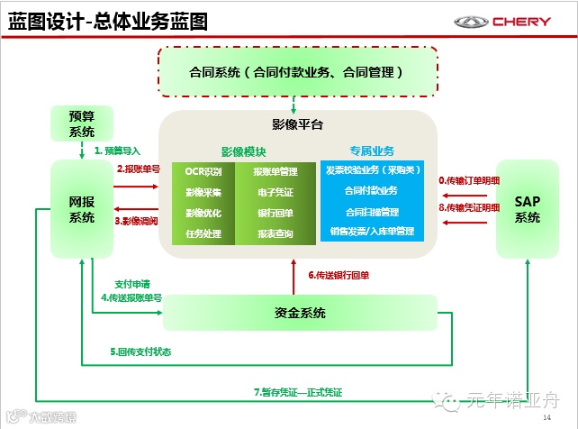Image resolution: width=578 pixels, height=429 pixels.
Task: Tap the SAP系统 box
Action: [x=527, y=208]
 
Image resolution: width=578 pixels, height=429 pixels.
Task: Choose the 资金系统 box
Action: [x=299, y=313]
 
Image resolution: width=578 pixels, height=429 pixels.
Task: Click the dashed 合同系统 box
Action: [x=297, y=70]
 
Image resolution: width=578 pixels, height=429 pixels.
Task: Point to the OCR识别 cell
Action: [x=203, y=171]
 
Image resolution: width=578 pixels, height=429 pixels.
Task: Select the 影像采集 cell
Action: [x=203, y=192]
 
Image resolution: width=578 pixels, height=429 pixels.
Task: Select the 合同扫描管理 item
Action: [x=372, y=212]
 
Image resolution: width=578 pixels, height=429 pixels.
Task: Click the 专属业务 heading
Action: [x=372, y=151]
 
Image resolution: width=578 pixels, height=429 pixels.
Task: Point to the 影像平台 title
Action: [x=297, y=124]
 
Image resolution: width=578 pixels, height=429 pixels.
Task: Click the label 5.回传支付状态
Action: [x=140, y=352]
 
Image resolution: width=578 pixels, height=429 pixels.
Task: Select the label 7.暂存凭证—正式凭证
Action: [x=297, y=391]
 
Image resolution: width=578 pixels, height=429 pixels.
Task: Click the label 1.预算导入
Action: [x=117, y=151]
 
